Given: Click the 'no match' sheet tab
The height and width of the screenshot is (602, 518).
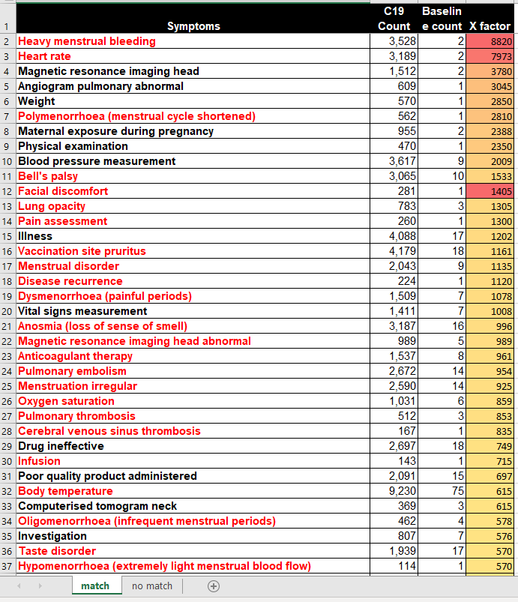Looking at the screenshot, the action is pyautogui.click(x=152, y=586).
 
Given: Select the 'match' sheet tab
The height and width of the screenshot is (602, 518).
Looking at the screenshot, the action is pyautogui.click(x=95, y=586).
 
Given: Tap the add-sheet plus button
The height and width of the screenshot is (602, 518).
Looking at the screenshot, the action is pyautogui.click(x=214, y=586).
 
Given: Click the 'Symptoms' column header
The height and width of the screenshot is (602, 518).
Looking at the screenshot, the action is pyautogui.click(x=193, y=26).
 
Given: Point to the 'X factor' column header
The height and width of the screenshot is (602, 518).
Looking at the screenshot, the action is pyautogui.click(x=490, y=26).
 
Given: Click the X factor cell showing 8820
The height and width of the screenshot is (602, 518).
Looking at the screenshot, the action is pyautogui.click(x=490, y=41).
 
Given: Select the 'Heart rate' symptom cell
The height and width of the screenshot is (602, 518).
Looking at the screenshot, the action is pyautogui.click(x=44, y=56).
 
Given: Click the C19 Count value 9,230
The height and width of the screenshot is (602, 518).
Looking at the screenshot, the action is pyautogui.click(x=402, y=491).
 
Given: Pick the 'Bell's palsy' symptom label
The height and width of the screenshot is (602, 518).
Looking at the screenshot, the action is pyautogui.click(x=48, y=176).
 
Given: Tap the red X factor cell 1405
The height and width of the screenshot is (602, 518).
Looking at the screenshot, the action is pyautogui.click(x=490, y=191).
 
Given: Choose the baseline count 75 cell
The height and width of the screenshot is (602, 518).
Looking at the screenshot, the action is pyautogui.click(x=458, y=491).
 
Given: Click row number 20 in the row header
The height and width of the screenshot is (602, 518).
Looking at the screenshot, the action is pyautogui.click(x=7, y=311).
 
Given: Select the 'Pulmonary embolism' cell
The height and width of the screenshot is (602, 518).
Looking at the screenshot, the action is pyautogui.click(x=72, y=371).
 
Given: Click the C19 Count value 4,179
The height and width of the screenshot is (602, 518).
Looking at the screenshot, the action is pyautogui.click(x=402, y=251).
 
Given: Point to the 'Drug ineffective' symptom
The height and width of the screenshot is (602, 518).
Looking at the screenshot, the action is pyautogui.click(x=61, y=446).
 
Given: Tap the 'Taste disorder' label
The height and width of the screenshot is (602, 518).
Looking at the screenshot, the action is pyautogui.click(x=57, y=551).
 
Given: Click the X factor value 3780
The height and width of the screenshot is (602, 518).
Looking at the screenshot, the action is pyautogui.click(x=501, y=71).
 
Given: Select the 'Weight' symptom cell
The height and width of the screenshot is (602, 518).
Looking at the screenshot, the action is pyautogui.click(x=37, y=101).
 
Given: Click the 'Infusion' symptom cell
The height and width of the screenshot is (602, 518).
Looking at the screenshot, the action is pyautogui.click(x=39, y=461).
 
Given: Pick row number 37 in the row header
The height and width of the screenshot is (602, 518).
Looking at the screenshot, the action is pyautogui.click(x=7, y=566).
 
